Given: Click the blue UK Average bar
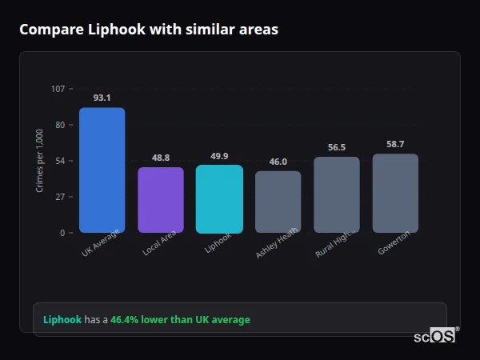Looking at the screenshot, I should [102, 170].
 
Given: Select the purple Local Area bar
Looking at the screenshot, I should [161, 200].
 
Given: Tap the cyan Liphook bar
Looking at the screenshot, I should [219, 199].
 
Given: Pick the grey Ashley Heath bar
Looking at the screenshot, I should [278, 202].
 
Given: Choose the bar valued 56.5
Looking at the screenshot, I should [337, 195].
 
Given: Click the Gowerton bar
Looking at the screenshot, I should [395, 194].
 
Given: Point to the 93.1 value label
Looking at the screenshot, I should [102, 98].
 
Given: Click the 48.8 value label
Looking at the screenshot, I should [161, 158].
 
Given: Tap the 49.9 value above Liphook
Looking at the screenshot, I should [219, 156].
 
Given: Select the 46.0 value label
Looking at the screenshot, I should [278, 162].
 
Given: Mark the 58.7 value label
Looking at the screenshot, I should [395, 144].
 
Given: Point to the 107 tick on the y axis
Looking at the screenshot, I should [58, 89].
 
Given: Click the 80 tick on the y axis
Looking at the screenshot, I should [60, 125].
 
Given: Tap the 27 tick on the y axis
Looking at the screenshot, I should [60, 197].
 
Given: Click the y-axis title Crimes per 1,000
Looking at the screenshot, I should [40, 161].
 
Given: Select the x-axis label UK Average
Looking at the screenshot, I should [101, 243].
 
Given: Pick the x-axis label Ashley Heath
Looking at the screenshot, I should [277, 242].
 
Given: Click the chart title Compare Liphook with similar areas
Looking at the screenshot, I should [149, 30].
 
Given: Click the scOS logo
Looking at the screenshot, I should [435, 336].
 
